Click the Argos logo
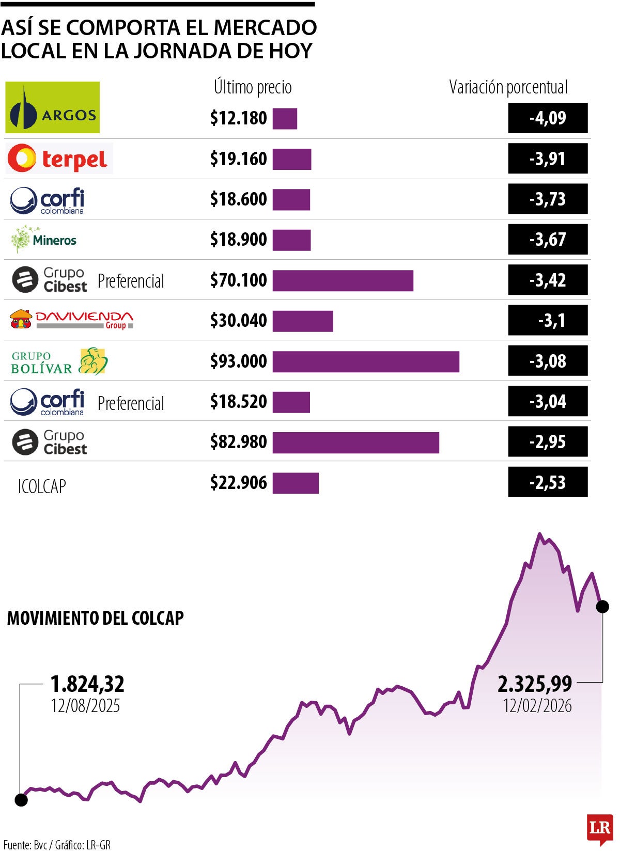[x=52, y=107]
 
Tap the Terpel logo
[x=59, y=159]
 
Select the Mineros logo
[x=44, y=239]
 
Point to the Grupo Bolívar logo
[x=59, y=361]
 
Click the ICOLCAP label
[x=42, y=486]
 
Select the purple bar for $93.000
[x=366, y=361]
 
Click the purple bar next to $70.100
[x=343, y=280]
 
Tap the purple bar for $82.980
[x=355, y=443]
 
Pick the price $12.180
[x=238, y=118]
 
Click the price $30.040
[x=238, y=321]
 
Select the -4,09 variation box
[x=548, y=118]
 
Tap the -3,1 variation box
[x=548, y=321]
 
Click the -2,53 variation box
[x=548, y=482]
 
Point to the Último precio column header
[x=253, y=87]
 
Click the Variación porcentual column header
[x=508, y=87]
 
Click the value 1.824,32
[x=87, y=684]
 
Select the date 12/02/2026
[x=537, y=706]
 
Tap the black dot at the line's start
[x=21, y=800]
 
